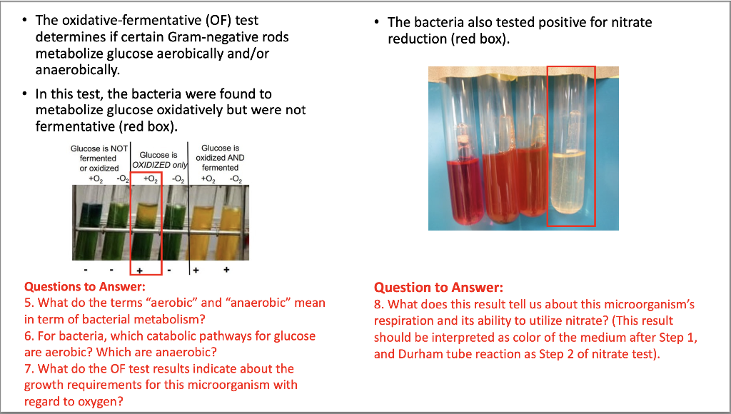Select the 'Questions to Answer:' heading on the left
point(85,287)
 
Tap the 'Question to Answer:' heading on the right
point(438,288)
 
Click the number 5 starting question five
point(28,303)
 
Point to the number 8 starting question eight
point(378,305)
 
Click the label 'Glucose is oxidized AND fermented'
point(220,158)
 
